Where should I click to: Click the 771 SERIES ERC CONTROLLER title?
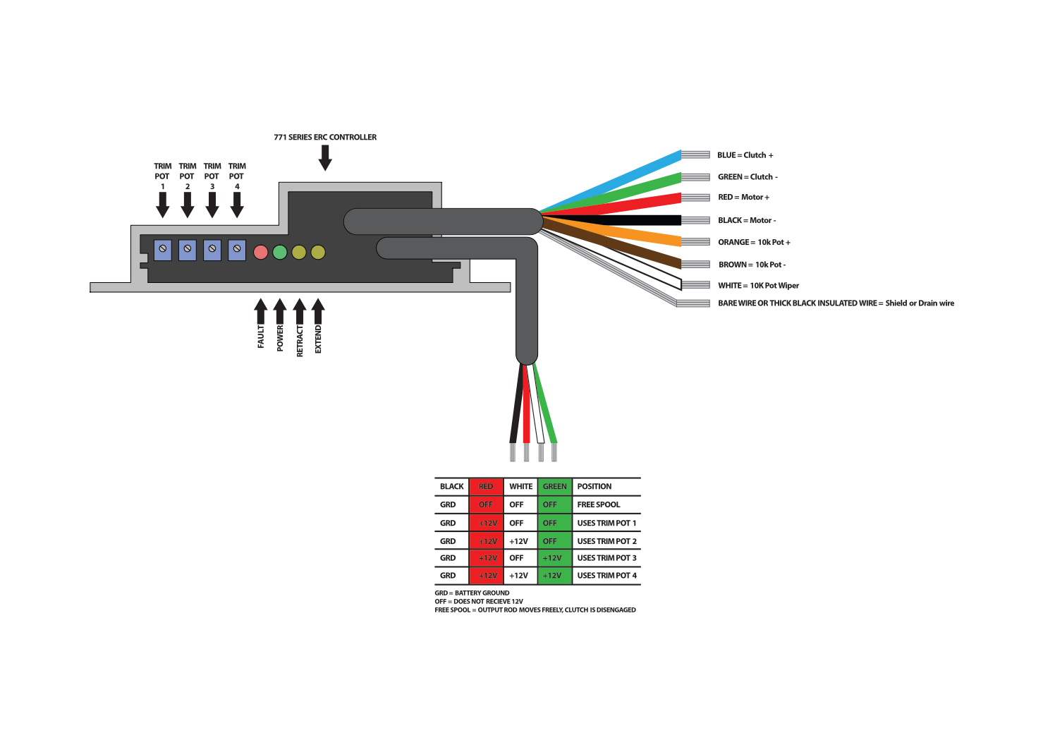(x=325, y=137)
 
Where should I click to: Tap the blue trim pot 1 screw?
(x=163, y=250)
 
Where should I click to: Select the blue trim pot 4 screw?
(x=237, y=250)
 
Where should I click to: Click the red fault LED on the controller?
(x=260, y=252)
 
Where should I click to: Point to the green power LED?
(x=280, y=252)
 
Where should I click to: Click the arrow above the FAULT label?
(x=261, y=310)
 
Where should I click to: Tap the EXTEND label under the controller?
(x=318, y=339)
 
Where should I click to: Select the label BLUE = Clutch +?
(x=745, y=155)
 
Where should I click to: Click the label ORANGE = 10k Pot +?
(x=754, y=242)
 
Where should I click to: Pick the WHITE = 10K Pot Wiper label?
(x=758, y=286)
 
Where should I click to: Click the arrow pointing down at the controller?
(x=325, y=157)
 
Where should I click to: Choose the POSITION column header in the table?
(x=594, y=486)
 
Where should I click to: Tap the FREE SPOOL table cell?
(x=599, y=504)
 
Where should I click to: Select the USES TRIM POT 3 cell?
(x=606, y=558)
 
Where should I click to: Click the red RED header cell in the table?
(x=486, y=486)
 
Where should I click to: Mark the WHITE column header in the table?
(x=520, y=486)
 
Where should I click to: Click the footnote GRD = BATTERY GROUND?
(x=472, y=593)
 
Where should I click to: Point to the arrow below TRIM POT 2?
(x=188, y=205)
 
